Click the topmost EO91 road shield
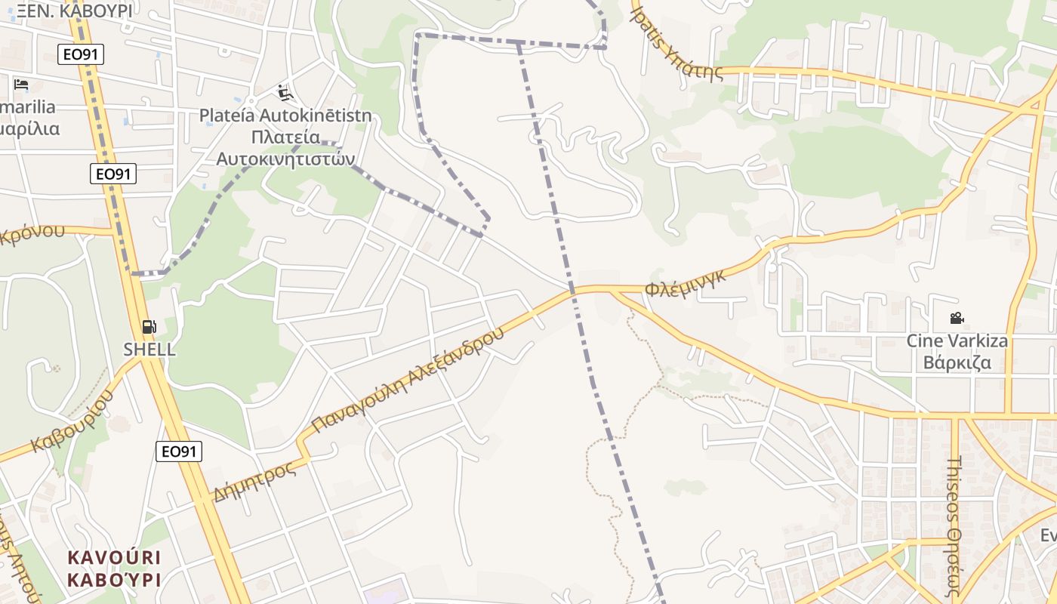click(81, 54)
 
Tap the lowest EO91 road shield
click(179, 451)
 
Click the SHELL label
click(149, 350)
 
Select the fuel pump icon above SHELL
click(149, 326)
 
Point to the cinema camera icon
click(957, 318)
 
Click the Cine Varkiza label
click(957, 341)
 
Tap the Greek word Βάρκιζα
click(957, 362)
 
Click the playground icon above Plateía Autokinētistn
click(285, 92)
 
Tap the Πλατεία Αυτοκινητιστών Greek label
click(285, 148)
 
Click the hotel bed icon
click(21, 84)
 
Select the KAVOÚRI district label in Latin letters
click(114, 557)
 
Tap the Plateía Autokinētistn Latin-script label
click(285, 116)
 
